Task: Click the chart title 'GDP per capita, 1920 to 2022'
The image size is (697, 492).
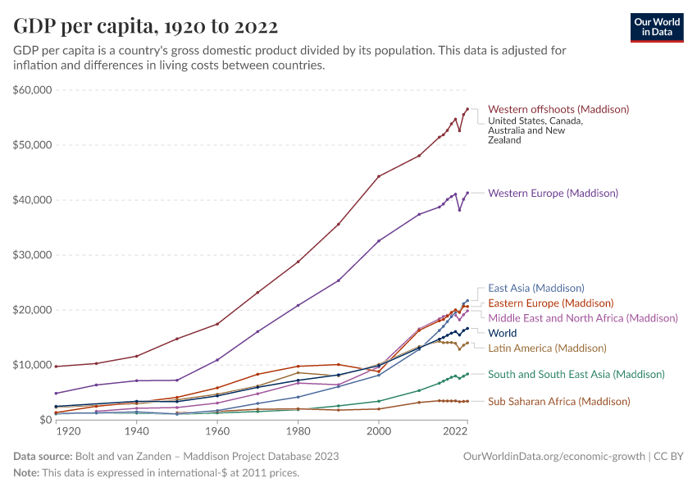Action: [x=145, y=26]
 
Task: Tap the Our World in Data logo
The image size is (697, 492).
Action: [x=657, y=27]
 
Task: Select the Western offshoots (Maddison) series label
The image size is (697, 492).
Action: [x=558, y=109]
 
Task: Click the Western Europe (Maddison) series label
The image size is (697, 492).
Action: [x=553, y=194]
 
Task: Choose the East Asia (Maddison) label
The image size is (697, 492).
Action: [x=535, y=288]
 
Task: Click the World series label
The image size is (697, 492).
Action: [x=502, y=333]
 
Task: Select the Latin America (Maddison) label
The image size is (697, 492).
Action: [x=547, y=348]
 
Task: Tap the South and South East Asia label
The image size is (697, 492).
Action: [x=576, y=374]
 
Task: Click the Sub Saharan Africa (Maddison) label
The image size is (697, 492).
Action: [x=558, y=401]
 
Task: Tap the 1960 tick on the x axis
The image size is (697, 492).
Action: [x=217, y=430]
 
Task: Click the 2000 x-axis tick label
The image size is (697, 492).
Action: [x=379, y=430]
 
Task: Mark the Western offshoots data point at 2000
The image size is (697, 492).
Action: [x=379, y=175]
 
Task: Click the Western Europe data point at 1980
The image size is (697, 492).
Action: [x=298, y=305]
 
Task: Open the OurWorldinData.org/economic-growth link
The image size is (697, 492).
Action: [x=554, y=456]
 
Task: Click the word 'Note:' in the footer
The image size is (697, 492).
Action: [x=28, y=473]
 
